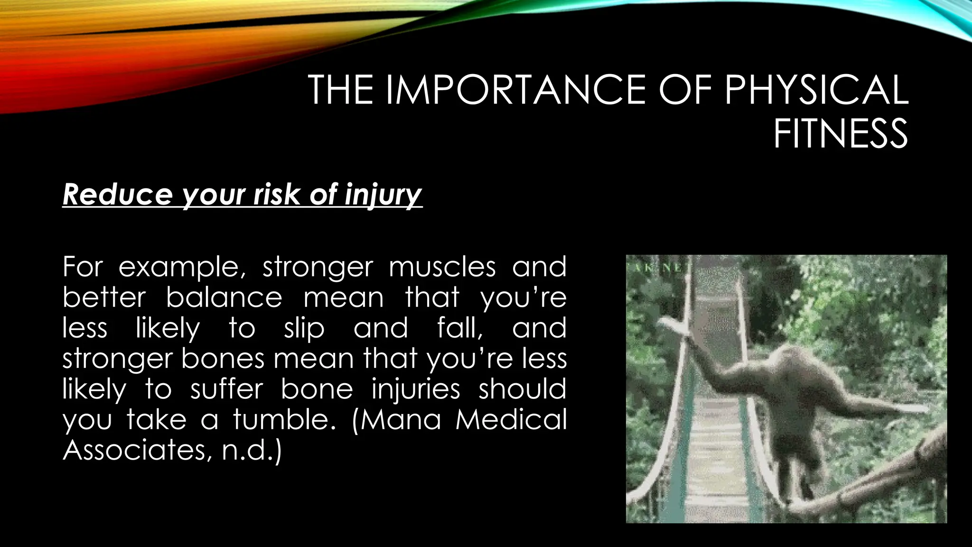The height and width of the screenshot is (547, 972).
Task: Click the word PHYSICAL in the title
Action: click(816, 90)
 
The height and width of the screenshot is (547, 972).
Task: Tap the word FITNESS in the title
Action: click(841, 134)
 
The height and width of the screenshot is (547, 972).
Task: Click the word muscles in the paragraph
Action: click(442, 267)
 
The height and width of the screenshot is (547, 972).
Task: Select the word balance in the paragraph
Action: click(224, 298)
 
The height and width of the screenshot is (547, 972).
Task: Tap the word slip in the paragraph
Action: click(304, 329)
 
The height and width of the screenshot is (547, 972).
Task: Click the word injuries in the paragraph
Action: click(416, 390)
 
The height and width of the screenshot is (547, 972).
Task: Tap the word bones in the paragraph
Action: click(223, 359)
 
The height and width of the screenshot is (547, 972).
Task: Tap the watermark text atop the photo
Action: click(660, 267)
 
